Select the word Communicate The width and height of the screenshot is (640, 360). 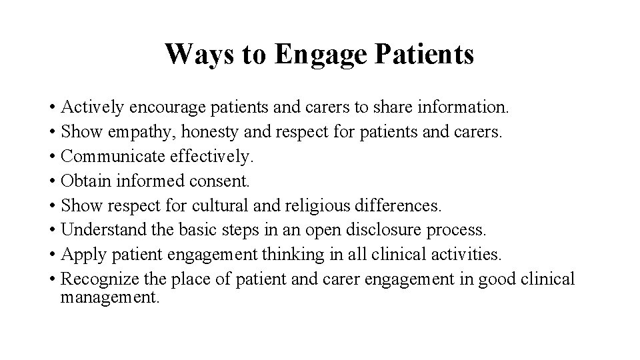[109, 156]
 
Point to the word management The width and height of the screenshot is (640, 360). [110, 297]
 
